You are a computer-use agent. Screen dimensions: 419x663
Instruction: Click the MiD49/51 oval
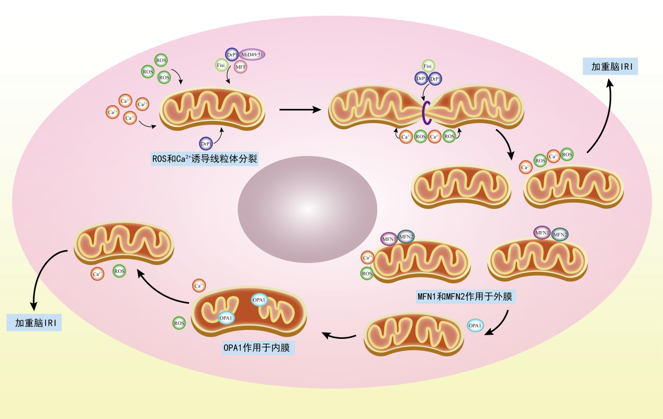pyautogui.click(x=252, y=54)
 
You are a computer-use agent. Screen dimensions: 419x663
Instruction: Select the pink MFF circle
pyautogui.click(x=240, y=67)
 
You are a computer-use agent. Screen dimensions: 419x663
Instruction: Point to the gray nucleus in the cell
pyautogui.click(x=307, y=209)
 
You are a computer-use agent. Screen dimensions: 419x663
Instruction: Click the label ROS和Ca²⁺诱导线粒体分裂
pyautogui.click(x=204, y=159)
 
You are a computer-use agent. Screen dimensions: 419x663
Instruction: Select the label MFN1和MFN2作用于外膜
pyautogui.click(x=466, y=296)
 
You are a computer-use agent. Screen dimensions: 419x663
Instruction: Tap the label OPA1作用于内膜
pyautogui.click(x=258, y=347)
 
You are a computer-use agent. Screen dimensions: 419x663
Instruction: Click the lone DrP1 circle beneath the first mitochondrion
pyautogui.click(x=206, y=144)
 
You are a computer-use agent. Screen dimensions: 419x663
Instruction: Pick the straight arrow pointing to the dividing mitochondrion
pyautogui.click(x=300, y=110)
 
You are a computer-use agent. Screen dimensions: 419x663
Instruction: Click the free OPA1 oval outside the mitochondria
pyautogui.click(x=475, y=325)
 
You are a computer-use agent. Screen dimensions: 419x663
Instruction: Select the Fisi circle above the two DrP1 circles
pyautogui.click(x=428, y=65)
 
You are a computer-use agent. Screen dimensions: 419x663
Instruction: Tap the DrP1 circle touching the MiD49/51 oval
pyautogui.click(x=232, y=54)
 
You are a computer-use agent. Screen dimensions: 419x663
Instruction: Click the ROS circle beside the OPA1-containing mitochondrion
pyautogui.click(x=179, y=323)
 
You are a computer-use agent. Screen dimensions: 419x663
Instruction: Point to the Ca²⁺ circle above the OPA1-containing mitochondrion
pyautogui.click(x=199, y=285)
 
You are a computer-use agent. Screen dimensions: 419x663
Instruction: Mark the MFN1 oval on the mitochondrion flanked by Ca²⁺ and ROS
pyautogui.click(x=389, y=239)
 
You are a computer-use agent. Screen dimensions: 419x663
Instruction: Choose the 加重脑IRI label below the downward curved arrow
pyautogui.click(x=34, y=323)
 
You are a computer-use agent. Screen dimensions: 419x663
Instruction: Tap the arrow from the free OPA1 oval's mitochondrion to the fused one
pyautogui.click(x=339, y=335)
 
